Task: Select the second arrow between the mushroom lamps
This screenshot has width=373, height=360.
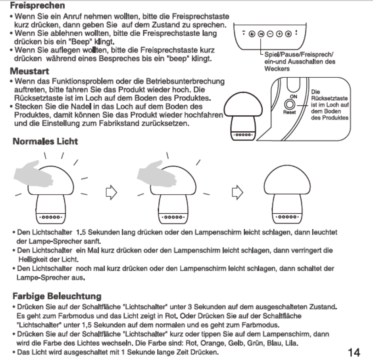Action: point(236,193)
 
